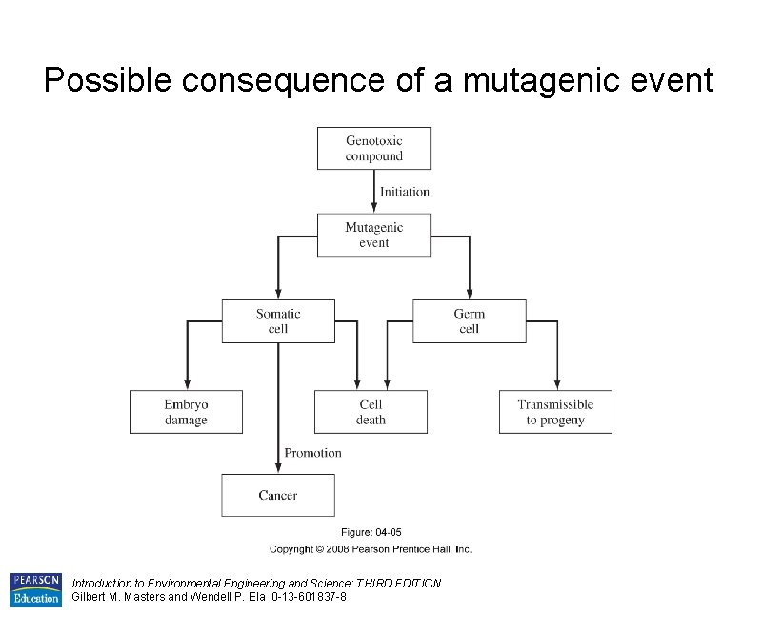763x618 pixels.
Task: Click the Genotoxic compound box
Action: (x=373, y=149)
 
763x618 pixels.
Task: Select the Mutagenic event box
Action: (x=373, y=235)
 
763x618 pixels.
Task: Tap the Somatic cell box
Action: (x=278, y=321)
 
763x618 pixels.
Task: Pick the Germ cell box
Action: (x=469, y=321)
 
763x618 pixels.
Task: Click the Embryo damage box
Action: (x=186, y=412)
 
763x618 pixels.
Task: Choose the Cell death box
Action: (x=371, y=412)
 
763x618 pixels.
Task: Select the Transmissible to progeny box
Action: (x=555, y=412)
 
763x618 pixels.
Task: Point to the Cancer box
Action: (x=278, y=495)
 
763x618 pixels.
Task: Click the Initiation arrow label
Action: (x=405, y=192)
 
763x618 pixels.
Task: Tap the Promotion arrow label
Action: (x=312, y=453)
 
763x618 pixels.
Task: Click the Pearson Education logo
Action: (x=35, y=589)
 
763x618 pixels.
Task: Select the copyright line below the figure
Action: (x=371, y=548)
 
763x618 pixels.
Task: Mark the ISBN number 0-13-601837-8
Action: (x=309, y=597)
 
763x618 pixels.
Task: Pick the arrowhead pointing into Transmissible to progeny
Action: (x=556, y=384)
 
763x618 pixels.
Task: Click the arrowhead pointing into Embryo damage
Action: (x=187, y=384)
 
